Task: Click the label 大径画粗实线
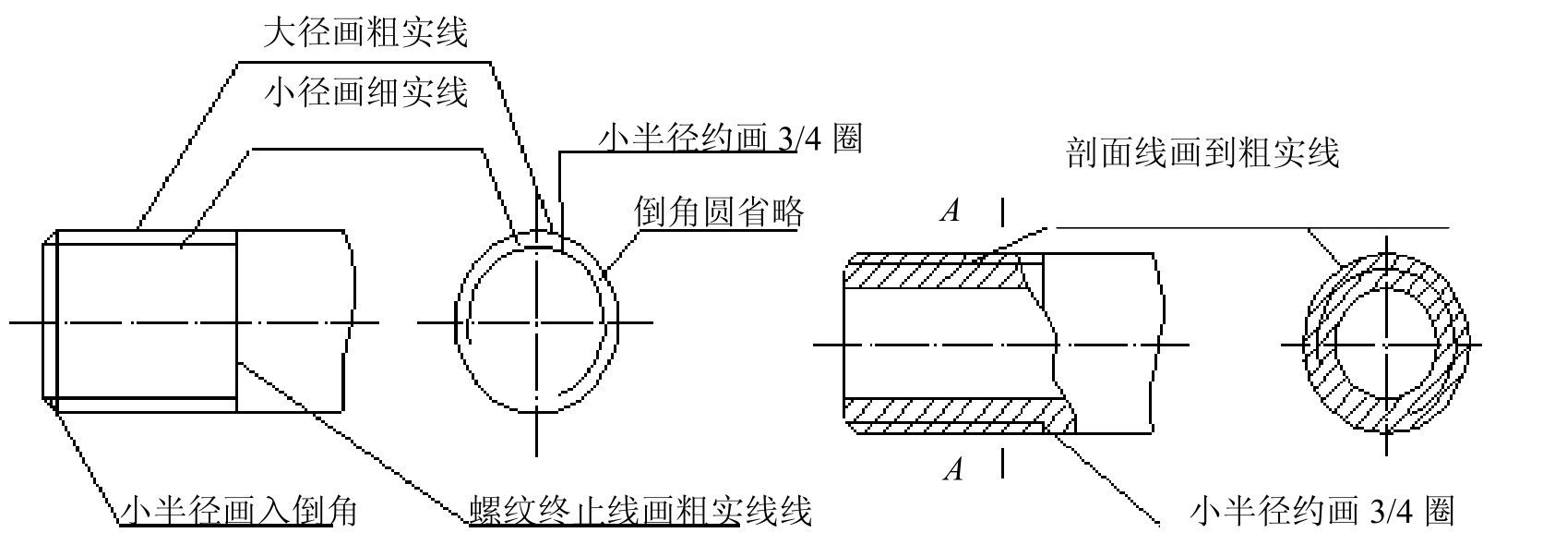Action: pyautogui.click(x=365, y=32)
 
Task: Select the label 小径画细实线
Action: pyautogui.click(x=365, y=91)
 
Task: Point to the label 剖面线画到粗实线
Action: pyautogui.click(x=1202, y=152)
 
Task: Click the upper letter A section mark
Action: pyautogui.click(x=951, y=211)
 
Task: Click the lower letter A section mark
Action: pyautogui.click(x=953, y=469)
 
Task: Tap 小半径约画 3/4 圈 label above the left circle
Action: pyautogui.click(x=730, y=139)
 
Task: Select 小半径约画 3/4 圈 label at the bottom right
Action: pyautogui.click(x=1322, y=512)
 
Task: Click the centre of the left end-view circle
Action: pyautogui.click(x=536, y=322)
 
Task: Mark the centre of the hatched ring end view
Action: pyautogui.click(x=1387, y=344)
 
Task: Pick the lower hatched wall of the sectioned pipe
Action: pyautogui.click(x=958, y=416)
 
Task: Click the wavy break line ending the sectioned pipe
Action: pyautogui.click(x=1158, y=344)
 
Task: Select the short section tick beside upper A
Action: pyautogui.click(x=1003, y=212)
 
